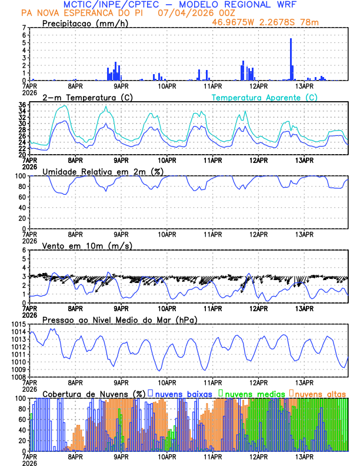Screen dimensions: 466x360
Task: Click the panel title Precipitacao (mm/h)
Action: [x=85, y=23]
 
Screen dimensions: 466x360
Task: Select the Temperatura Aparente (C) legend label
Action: [x=264, y=97]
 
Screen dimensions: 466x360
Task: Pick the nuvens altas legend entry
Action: [x=320, y=394]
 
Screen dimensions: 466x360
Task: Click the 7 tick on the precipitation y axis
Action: [x=24, y=28]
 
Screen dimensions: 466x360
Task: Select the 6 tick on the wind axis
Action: [x=24, y=251]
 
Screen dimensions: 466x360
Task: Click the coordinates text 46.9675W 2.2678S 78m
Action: [x=275, y=22]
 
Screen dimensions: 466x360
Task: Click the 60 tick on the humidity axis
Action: [x=22, y=197]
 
